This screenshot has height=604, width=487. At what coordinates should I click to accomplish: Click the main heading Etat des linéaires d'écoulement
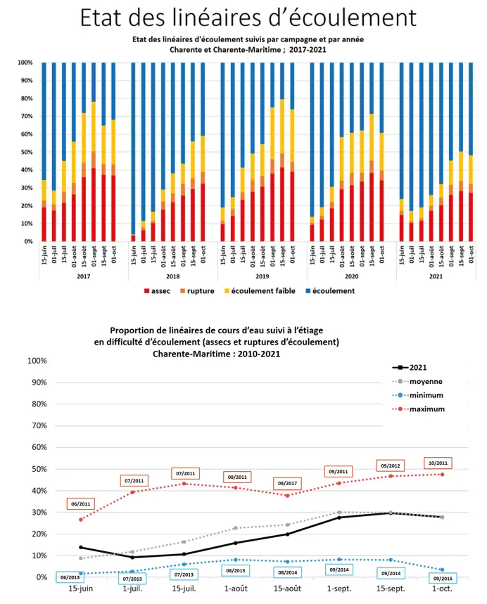(247, 18)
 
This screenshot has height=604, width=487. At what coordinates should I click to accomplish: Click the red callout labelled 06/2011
(80, 504)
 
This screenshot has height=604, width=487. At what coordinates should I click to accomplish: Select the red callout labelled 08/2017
(289, 484)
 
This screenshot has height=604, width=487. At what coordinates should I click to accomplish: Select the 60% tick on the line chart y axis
(35, 447)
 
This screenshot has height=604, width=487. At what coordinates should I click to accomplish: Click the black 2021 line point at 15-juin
(81, 547)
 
